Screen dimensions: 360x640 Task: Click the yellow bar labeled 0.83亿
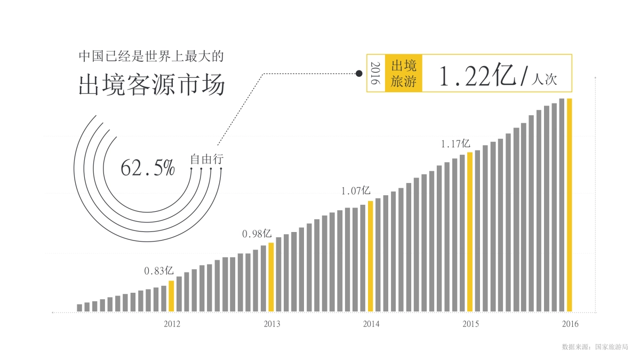coord(171,296)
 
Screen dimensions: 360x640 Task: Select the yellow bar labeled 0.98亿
coord(271,277)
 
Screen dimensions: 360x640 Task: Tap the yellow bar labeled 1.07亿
coord(370,256)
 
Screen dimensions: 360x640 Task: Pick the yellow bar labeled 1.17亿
coord(470,231)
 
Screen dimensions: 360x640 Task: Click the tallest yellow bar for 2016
coord(569,205)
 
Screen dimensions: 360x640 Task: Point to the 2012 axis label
coord(172,324)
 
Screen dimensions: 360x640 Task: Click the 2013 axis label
coord(271,324)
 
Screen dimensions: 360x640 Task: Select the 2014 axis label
coord(371,324)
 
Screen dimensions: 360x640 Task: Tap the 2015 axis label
coord(470,324)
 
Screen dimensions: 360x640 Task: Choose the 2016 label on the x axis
coord(570,324)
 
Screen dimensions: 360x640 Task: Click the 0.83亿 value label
coord(158,271)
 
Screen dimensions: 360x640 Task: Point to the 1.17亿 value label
coord(455,143)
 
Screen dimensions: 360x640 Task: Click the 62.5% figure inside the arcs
coord(148,167)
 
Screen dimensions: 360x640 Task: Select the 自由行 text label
coord(206,159)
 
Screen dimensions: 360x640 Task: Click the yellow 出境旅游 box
coord(403,74)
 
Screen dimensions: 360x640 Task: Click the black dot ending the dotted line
coord(359,74)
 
